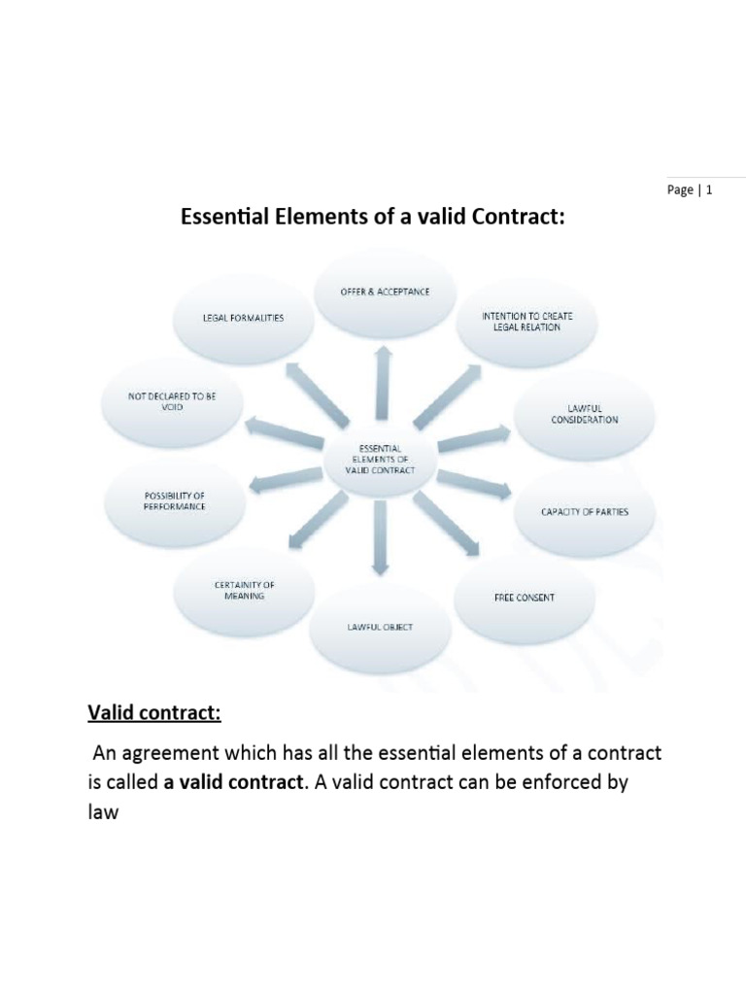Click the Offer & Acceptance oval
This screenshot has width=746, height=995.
click(385, 292)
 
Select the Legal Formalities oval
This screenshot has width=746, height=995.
click(243, 319)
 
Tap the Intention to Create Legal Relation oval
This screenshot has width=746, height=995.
click(521, 322)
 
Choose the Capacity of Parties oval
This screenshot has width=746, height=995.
click(584, 511)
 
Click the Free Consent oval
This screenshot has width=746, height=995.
click(524, 598)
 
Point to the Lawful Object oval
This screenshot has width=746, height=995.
click(380, 628)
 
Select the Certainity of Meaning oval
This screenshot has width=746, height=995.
click(245, 590)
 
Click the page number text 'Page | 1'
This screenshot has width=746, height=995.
click(690, 190)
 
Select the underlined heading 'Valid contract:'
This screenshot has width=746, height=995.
click(154, 714)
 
